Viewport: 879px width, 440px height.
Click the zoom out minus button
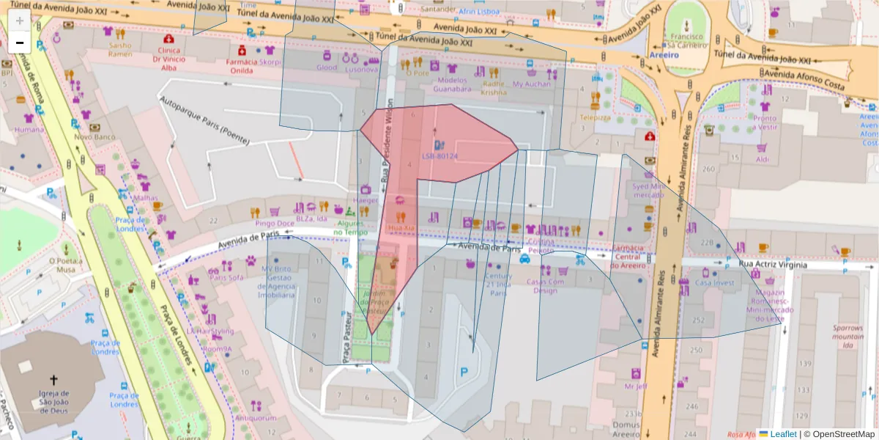click(x=20, y=43)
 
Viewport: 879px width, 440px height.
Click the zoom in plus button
click(x=20, y=20)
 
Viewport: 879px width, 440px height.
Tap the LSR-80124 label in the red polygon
click(x=439, y=156)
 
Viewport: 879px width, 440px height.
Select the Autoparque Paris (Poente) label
click(x=204, y=120)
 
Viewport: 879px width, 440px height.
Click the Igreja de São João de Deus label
click(x=53, y=404)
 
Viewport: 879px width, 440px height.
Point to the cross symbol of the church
click(x=53, y=380)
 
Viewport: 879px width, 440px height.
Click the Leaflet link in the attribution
click(x=782, y=433)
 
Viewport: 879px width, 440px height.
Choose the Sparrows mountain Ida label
click(x=848, y=337)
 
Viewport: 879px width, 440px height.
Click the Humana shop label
click(x=29, y=130)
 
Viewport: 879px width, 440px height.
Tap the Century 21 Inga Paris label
click(x=498, y=285)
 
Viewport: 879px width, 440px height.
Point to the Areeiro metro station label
click(x=664, y=54)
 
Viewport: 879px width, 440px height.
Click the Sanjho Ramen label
click(x=120, y=49)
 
